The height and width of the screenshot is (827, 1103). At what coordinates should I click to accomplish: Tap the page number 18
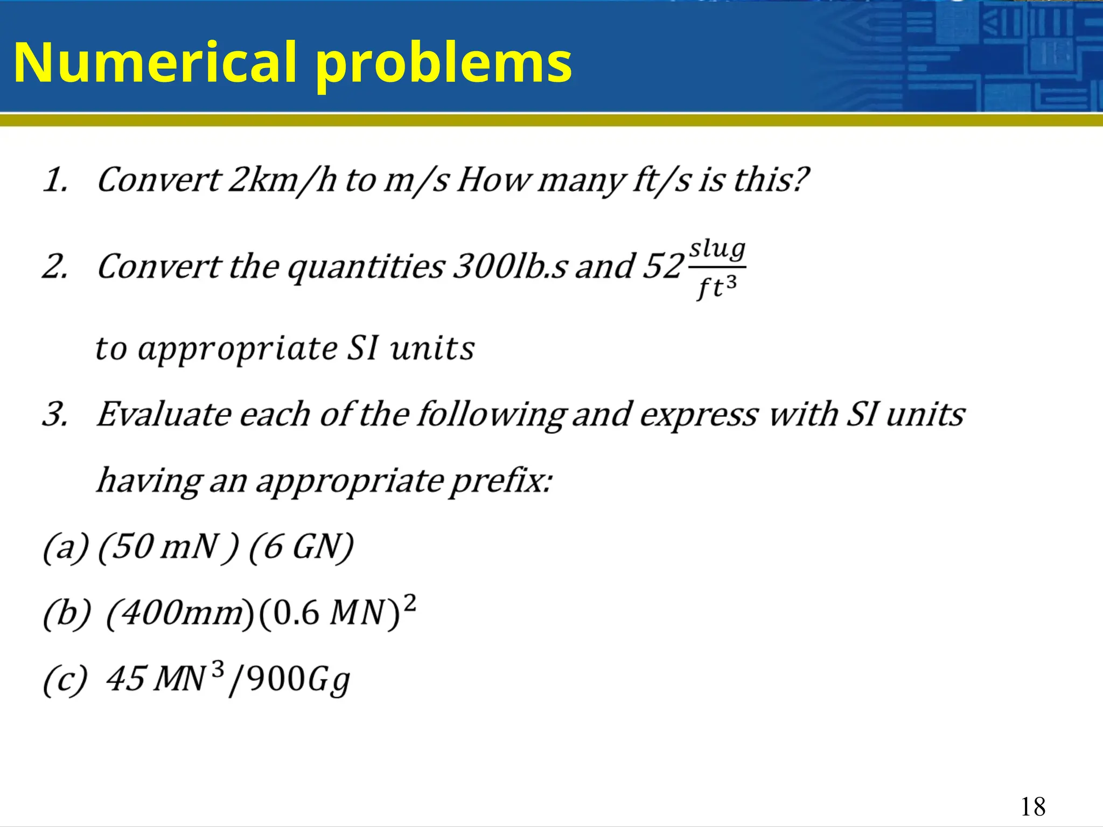(1032, 807)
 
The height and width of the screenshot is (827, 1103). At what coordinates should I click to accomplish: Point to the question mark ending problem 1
(800, 179)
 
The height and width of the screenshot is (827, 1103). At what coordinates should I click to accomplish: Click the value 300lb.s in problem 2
(509, 267)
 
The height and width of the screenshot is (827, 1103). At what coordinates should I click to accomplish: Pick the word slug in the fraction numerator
(717, 249)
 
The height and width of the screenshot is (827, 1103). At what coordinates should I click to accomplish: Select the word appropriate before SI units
(238, 349)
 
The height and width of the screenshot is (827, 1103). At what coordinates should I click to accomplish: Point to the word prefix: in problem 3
(501, 480)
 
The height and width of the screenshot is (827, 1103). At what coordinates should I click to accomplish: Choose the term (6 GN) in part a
(301, 547)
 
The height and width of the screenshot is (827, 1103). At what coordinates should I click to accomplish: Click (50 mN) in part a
(167, 547)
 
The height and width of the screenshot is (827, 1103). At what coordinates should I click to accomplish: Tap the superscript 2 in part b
(410, 602)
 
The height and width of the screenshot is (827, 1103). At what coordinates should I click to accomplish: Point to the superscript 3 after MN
(218, 669)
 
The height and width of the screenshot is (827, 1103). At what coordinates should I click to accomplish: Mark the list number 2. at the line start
(55, 267)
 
